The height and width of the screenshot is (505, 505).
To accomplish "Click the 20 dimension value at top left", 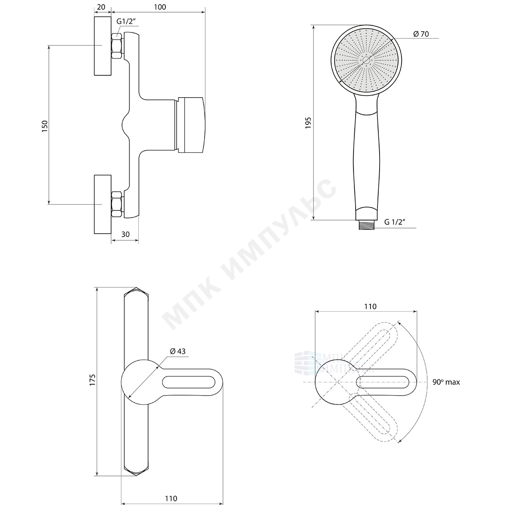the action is click(101, 7).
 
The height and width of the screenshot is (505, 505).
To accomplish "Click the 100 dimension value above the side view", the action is click(160, 7).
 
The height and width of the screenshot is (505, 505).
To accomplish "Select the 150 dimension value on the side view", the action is click(45, 126).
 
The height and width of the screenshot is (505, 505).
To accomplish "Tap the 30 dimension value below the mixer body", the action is click(125, 234).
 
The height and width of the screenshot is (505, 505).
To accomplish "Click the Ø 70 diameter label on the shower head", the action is click(421, 34).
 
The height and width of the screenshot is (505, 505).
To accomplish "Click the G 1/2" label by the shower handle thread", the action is click(395, 222).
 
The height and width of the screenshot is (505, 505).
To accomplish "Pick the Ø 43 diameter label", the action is click(178, 351).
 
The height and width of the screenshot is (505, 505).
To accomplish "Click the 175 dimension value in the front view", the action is click(93, 380).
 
